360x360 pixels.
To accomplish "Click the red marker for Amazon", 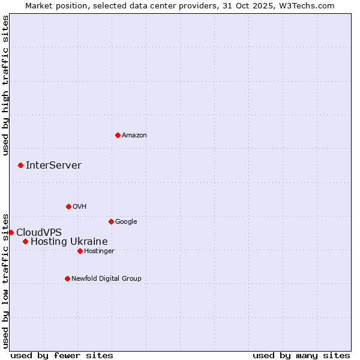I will (x=118, y=135).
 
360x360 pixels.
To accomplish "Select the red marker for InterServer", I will (x=20, y=165).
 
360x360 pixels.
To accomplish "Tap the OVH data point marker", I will (x=68, y=206).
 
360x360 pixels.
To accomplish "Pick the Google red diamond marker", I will (x=111, y=221).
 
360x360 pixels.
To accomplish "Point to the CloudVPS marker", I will (x=11, y=232).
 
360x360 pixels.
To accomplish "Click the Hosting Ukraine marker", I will (x=25, y=241).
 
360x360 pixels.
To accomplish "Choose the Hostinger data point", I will (x=80, y=251).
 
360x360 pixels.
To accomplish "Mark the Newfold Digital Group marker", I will (x=67, y=278).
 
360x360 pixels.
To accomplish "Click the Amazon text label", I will (x=134, y=136).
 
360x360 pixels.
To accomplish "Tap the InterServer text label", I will (x=53, y=166).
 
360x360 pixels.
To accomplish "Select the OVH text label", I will (x=80, y=207).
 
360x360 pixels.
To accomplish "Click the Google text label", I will (x=126, y=222).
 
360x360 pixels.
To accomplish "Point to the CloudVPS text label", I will (x=38, y=233).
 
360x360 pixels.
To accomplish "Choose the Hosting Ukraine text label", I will (x=69, y=242).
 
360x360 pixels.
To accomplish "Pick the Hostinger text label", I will (x=99, y=251).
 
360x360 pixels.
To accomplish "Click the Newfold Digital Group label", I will (x=106, y=279).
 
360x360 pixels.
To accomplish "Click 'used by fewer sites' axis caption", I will (x=62, y=355).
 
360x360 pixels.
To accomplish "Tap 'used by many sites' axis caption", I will (x=301, y=355).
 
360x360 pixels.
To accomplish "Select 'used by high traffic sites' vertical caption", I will (x=6, y=85).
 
